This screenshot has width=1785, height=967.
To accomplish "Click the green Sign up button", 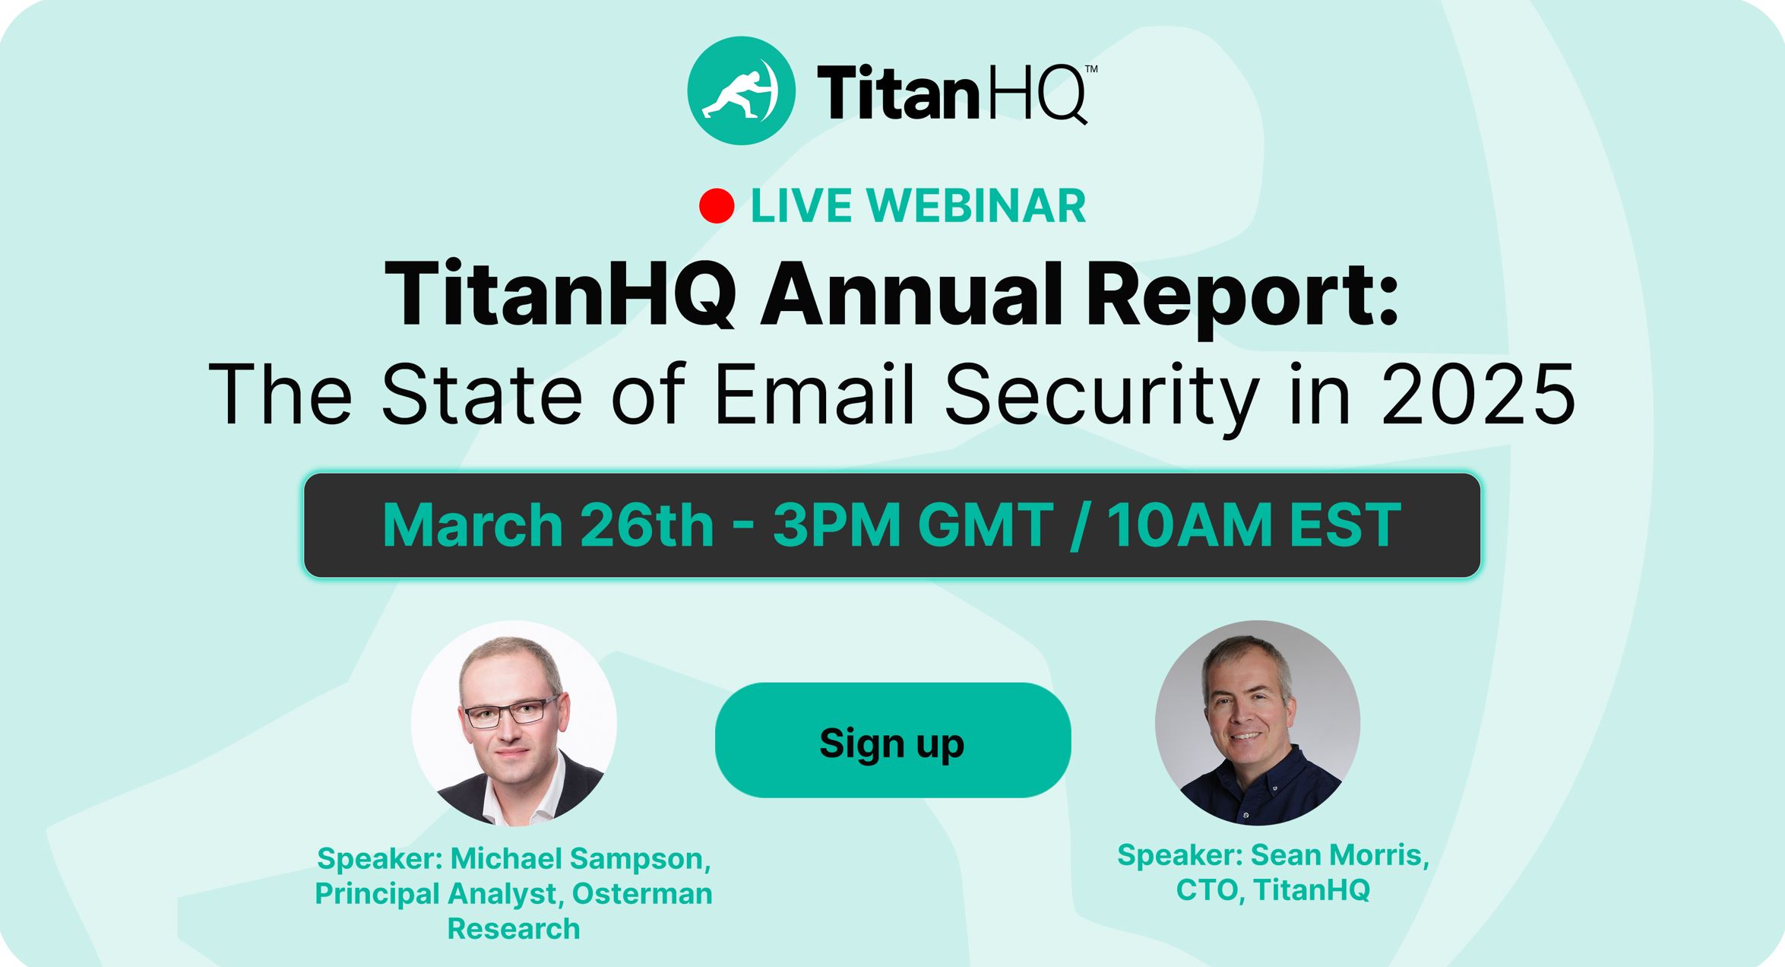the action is [x=893, y=740].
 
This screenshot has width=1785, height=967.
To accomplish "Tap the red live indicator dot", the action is [x=717, y=206].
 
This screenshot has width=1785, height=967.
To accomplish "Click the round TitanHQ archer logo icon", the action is [x=741, y=90].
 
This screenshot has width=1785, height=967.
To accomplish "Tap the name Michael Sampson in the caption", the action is [x=581, y=859].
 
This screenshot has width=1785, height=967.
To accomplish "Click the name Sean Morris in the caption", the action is [x=1340, y=855].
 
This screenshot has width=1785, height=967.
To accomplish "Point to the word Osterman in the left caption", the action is [x=642, y=894].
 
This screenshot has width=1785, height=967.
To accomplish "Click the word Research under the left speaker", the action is [x=514, y=929].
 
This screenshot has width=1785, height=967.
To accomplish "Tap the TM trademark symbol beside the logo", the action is [x=1090, y=68].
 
